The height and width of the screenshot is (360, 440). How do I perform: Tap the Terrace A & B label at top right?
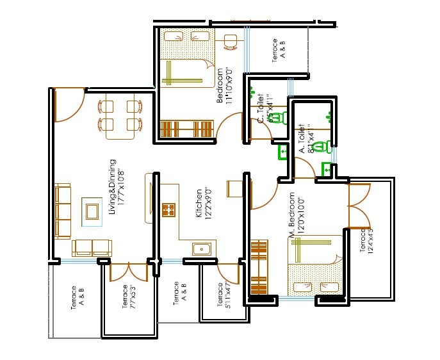(279, 51)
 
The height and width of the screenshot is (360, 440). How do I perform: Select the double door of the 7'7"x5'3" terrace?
(129, 272)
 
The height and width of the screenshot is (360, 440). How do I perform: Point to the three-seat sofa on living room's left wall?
(63, 211)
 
